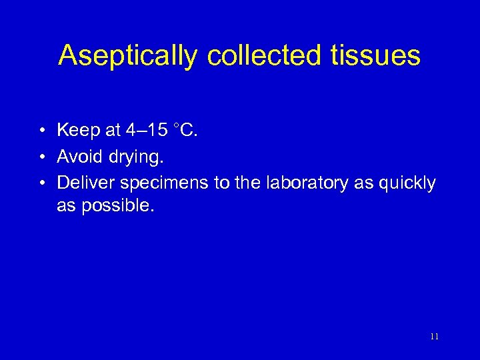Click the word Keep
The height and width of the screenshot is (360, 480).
pos(77,130)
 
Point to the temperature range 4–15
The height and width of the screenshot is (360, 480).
pos(149,130)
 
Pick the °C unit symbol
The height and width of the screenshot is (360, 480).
pos(185,130)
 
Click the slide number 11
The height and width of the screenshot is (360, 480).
pos(434,337)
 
